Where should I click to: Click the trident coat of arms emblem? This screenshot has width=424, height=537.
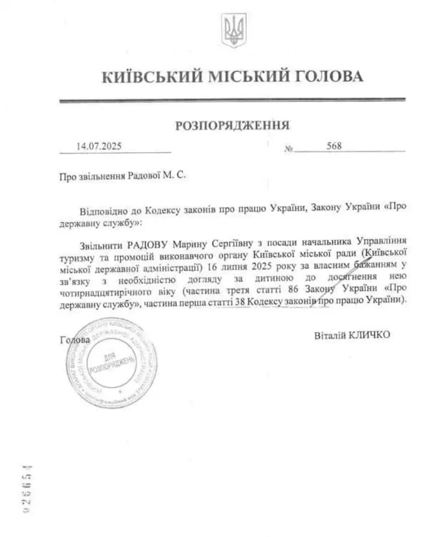(x=234, y=30)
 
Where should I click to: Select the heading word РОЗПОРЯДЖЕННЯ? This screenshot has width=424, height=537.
(x=233, y=125)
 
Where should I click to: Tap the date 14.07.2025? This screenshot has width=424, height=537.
(x=99, y=146)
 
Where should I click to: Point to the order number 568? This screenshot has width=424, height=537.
(x=334, y=146)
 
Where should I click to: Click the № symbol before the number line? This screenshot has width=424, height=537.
(x=288, y=149)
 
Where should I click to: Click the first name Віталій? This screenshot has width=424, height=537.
(x=329, y=335)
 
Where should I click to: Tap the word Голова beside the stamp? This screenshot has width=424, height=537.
(x=75, y=340)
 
